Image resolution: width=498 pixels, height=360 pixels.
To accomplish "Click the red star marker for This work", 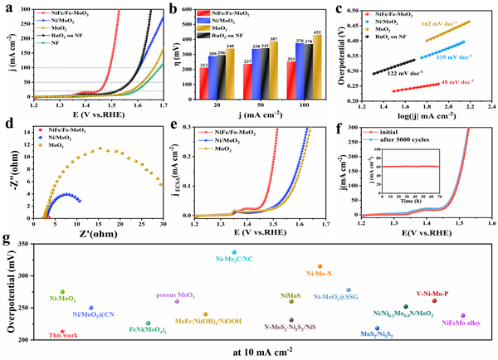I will [62, 331].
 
